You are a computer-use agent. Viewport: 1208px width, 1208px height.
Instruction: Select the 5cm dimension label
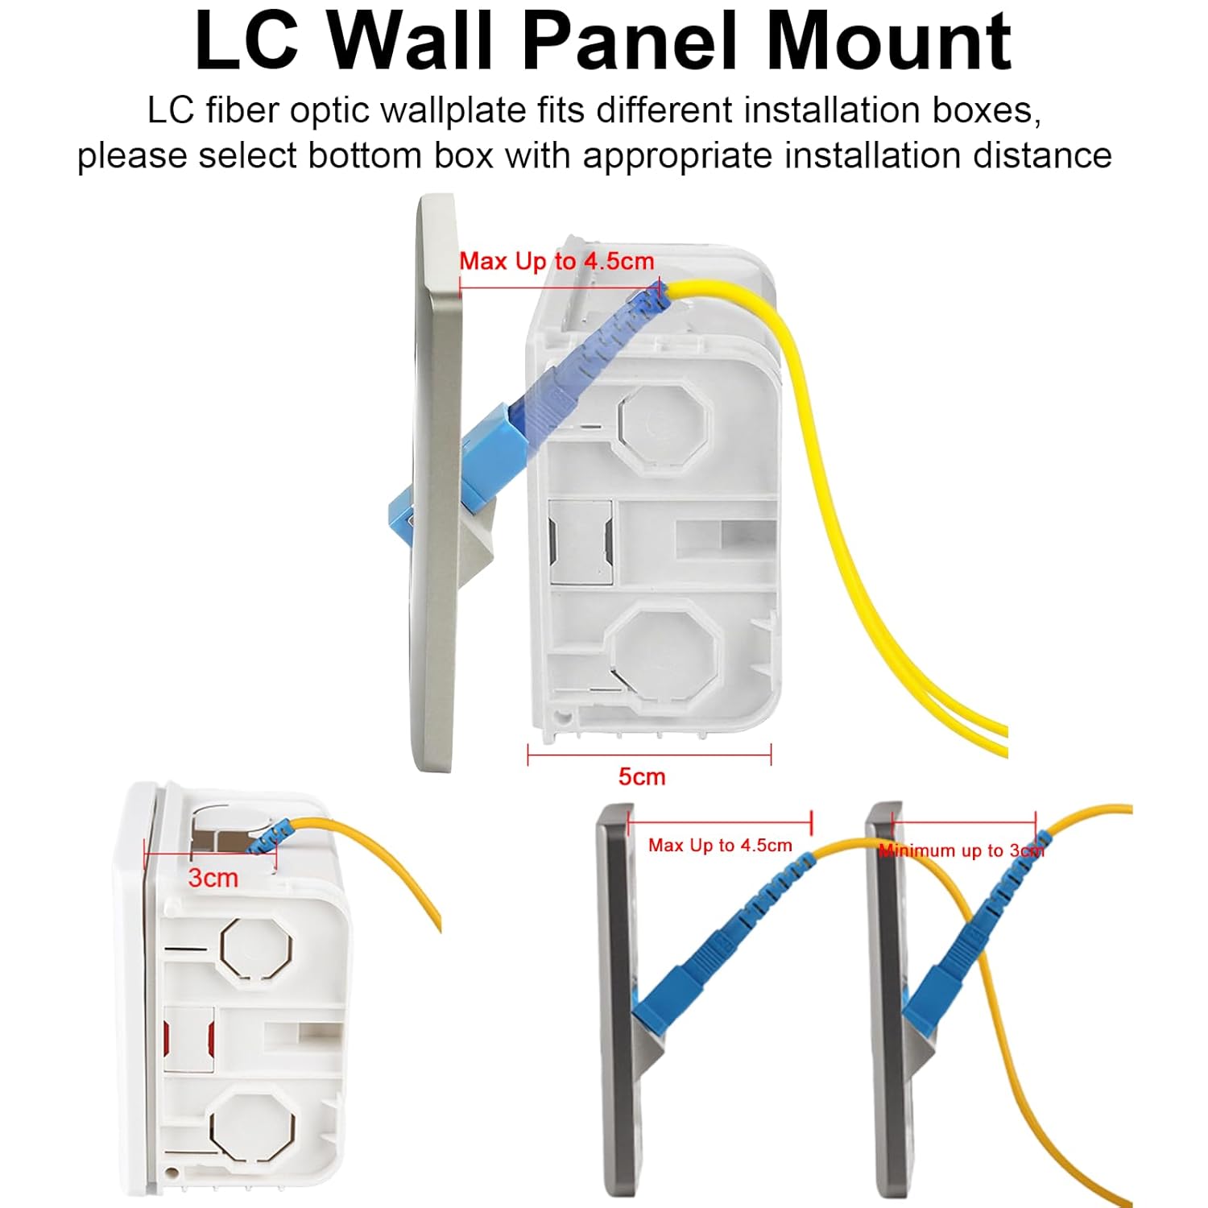click(x=642, y=777)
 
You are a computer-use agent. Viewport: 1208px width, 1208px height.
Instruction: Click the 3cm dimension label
click(x=213, y=877)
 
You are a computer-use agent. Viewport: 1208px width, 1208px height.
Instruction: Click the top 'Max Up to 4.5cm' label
click(x=556, y=261)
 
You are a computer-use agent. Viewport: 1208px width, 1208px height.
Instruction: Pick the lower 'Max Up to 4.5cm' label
click(x=720, y=846)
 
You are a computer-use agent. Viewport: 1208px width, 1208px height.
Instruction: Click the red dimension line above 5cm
click(x=649, y=755)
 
